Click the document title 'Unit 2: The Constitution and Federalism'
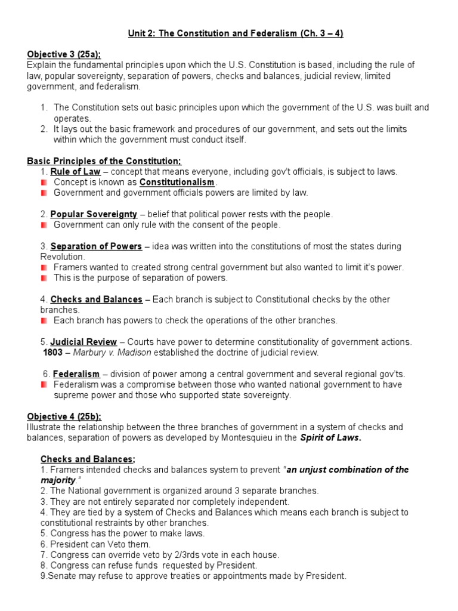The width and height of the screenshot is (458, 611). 236,33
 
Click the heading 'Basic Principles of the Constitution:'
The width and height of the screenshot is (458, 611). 104,161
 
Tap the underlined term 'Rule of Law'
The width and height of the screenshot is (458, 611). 75,172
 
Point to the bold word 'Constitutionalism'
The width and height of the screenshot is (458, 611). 177,182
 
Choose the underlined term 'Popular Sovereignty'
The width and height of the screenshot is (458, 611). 94,214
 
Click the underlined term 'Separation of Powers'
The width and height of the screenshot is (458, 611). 96,246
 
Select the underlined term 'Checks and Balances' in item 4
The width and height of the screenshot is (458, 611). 96,300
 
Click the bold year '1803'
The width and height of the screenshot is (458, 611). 53,353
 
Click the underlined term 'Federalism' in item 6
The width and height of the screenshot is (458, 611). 76,374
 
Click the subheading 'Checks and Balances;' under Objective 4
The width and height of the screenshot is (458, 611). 88,459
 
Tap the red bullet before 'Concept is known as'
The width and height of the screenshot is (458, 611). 44,182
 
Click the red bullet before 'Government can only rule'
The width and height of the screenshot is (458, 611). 44,225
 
